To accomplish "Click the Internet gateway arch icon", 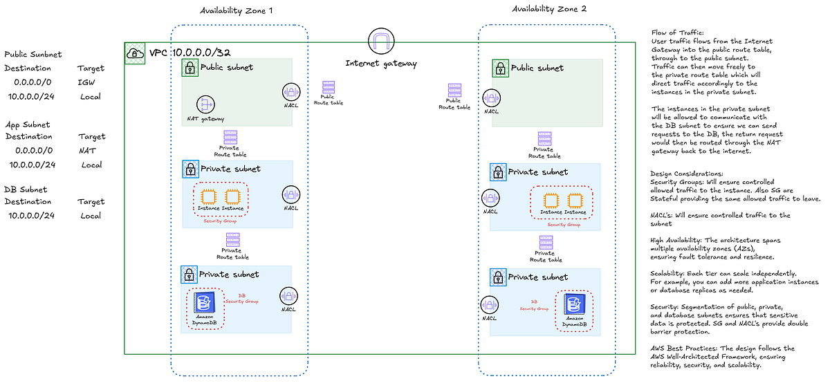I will (x=381, y=43).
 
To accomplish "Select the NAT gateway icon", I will (x=204, y=104).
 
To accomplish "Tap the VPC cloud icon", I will (x=133, y=53).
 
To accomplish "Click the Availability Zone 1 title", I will (x=236, y=11).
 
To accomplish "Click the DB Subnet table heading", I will (x=26, y=189).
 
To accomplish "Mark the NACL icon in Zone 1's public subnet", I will (x=290, y=93).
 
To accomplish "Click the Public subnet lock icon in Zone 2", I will (x=500, y=68).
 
